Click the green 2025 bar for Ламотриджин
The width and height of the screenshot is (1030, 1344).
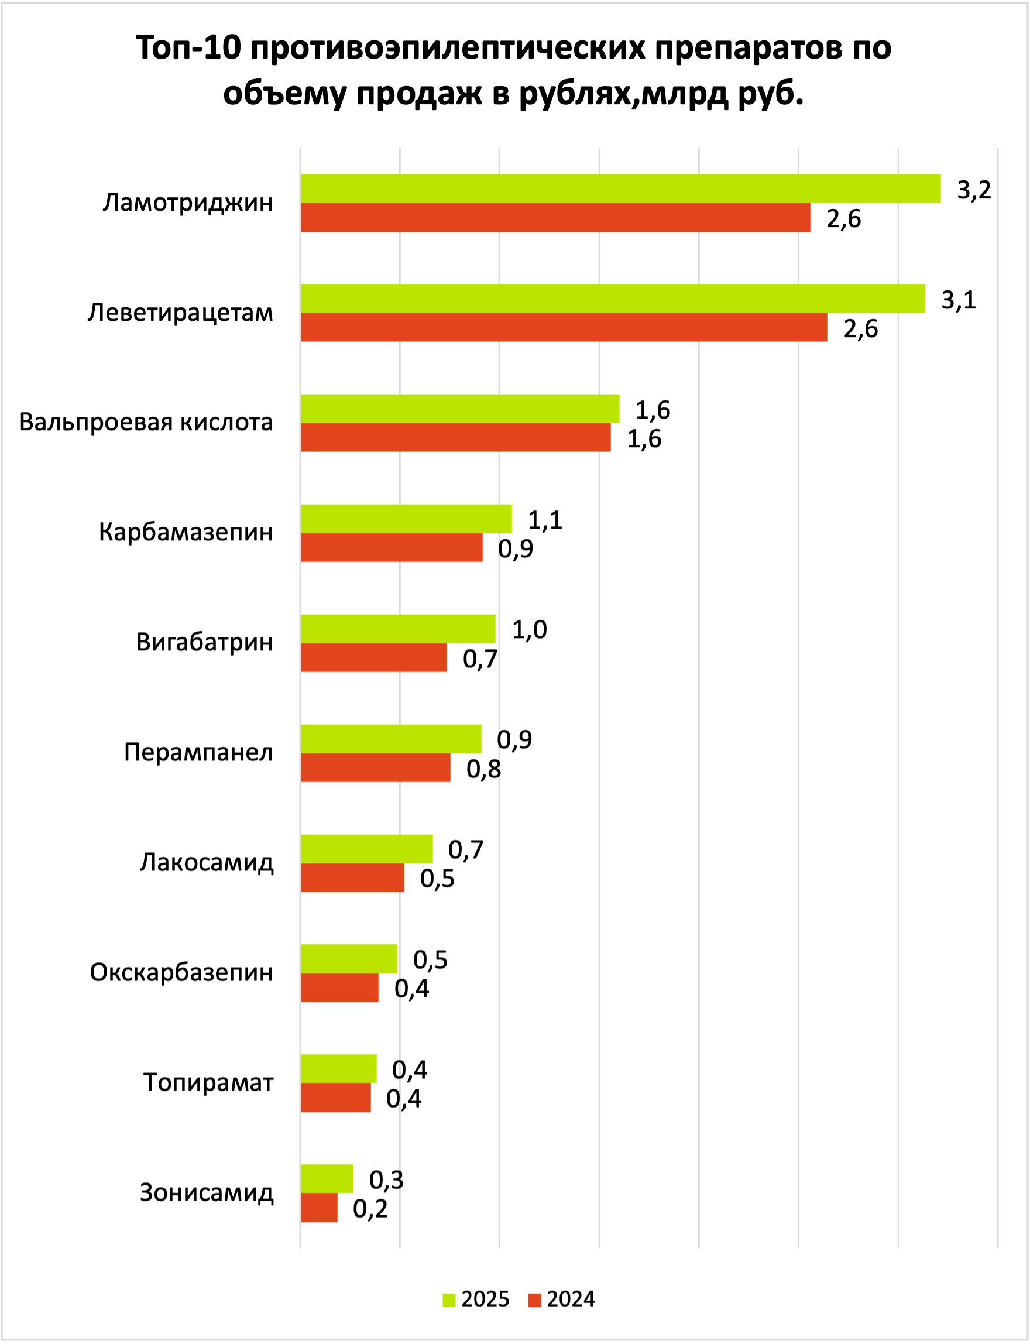pyautogui.click(x=620, y=188)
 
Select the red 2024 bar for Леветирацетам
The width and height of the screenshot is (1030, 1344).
pyautogui.click(x=564, y=327)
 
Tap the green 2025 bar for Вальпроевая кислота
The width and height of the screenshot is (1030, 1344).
pyautogui.click(x=460, y=409)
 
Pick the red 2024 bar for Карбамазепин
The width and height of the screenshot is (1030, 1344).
pyautogui.click(x=391, y=547)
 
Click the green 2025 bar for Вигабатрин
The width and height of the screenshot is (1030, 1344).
pyautogui.click(x=398, y=629)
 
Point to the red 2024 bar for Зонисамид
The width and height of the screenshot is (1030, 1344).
pyautogui.click(x=319, y=1207)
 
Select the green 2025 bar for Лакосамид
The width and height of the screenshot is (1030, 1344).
pyautogui.click(x=366, y=849)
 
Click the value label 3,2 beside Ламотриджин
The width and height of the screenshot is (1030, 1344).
pyautogui.click(x=974, y=190)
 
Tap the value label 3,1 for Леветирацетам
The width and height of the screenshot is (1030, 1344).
pyautogui.click(x=958, y=300)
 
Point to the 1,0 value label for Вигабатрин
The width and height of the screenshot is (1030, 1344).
pyautogui.click(x=529, y=630)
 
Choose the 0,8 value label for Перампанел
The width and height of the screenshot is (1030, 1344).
pyautogui.click(x=484, y=769)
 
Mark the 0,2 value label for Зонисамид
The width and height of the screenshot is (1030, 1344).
pyautogui.click(x=370, y=1209)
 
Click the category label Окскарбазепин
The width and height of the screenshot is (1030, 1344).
pyautogui.click(x=181, y=972)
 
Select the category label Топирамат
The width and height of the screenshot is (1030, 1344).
pyautogui.click(x=208, y=1082)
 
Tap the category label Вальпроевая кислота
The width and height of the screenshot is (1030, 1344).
pyautogui.click(x=146, y=423)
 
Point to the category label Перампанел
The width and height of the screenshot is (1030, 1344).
pyautogui.click(x=198, y=752)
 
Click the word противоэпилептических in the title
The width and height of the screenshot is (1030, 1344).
pyautogui.click(x=448, y=49)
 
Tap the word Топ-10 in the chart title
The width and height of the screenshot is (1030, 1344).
pyautogui.click(x=188, y=49)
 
